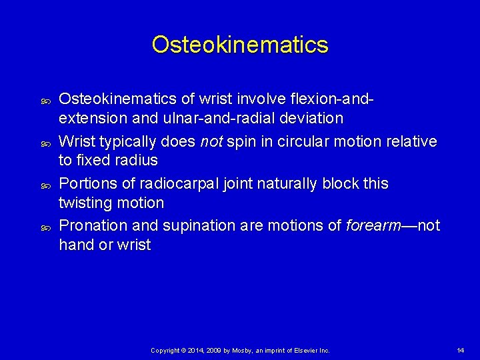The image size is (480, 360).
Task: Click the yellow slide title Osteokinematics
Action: click(240, 45)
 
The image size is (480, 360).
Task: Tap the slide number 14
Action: click(460, 350)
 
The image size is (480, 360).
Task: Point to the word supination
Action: click(187, 226)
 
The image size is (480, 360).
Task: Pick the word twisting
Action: click(84, 203)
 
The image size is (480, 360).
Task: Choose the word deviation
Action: click(308, 119)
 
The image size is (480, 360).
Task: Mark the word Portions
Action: click(86, 183)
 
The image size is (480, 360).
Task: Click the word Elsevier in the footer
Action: click(300, 350)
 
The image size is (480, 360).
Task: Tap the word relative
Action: click(413, 141)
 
